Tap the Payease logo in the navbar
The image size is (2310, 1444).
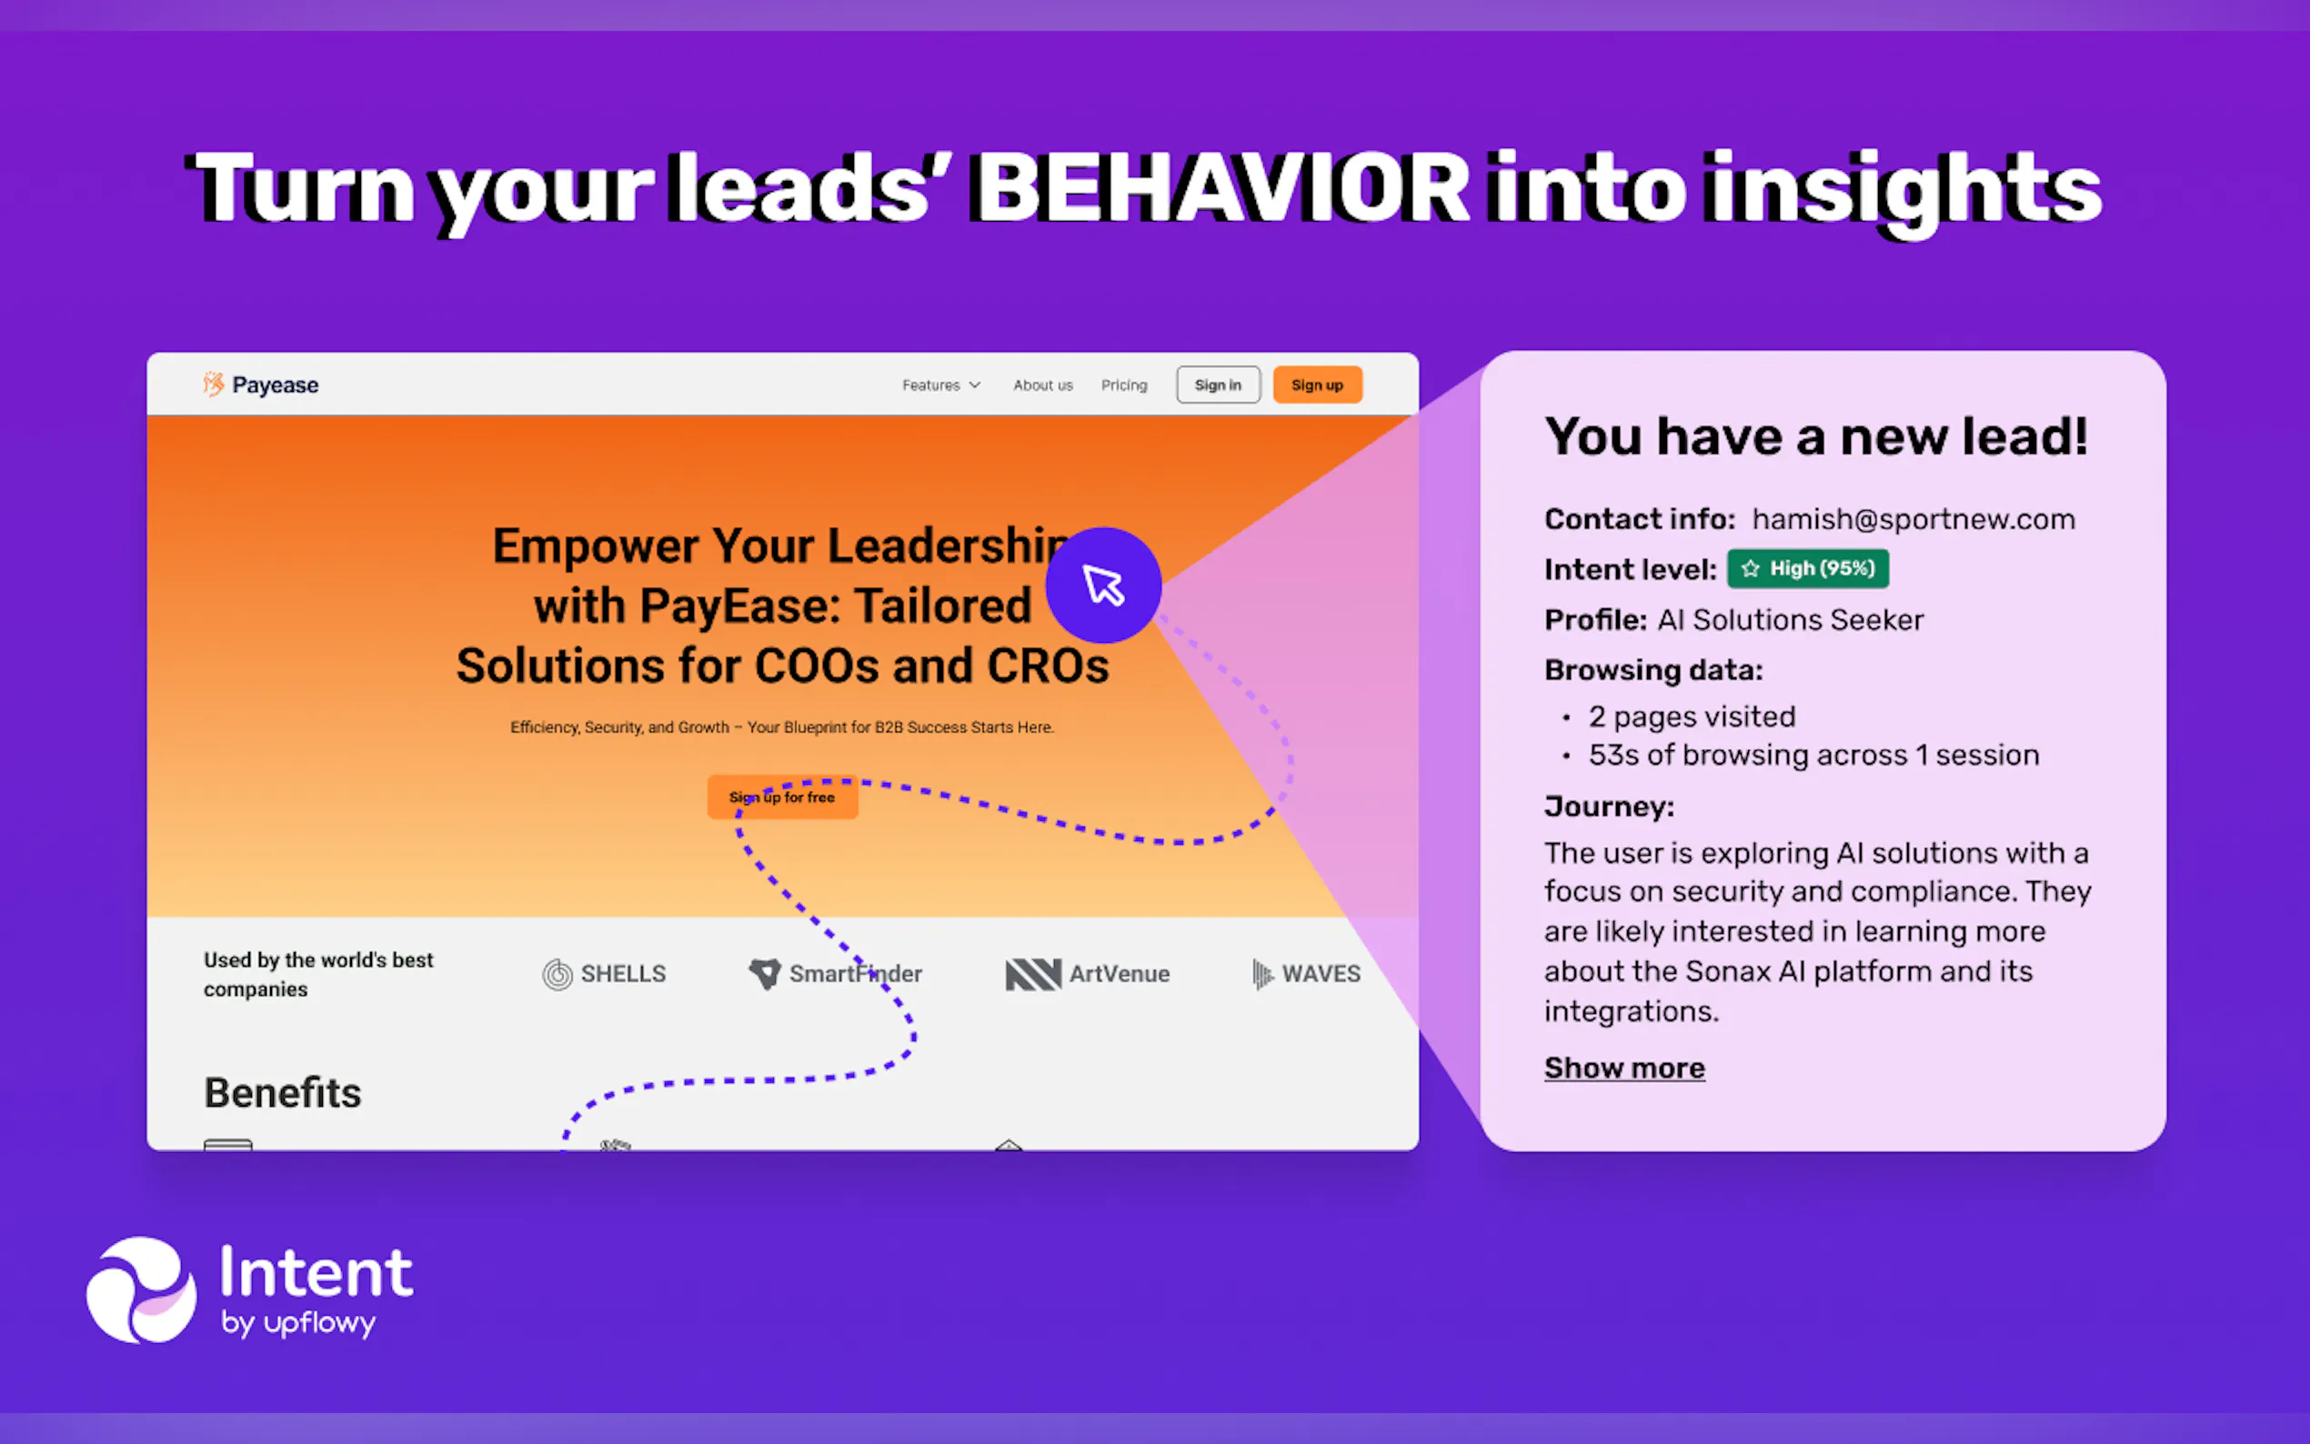pyautogui.click(x=261, y=385)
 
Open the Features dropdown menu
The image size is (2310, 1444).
pyautogui.click(x=941, y=385)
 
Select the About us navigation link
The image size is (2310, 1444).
pyautogui.click(x=1043, y=385)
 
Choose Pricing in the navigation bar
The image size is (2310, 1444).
pyautogui.click(x=1124, y=385)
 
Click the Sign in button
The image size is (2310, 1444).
pyautogui.click(x=1218, y=385)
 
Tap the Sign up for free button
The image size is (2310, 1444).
pyautogui.click(x=782, y=797)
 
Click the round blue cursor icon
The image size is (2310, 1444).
pyautogui.click(x=1103, y=586)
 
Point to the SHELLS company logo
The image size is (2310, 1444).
pyautogui.click(x=605, y=974)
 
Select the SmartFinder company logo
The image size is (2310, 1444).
pyautogui.click(x=835, y=974)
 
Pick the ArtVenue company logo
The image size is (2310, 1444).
pyautogui.click(x=1088, y=974)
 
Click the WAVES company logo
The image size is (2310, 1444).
pyautogui.click(x=1305, y=974)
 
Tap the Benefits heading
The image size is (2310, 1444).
pyautogui.click(x=283, y=1093)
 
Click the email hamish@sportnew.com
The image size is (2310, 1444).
pyautogui.click(x=1913, y=518)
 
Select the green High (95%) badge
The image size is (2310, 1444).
pyautogui.click(x=1808, y=568)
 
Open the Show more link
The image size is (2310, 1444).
pyautogui.click(x=1624, y=1068)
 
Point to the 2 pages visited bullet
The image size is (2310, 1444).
pyautogui.click(x=1692, y=717)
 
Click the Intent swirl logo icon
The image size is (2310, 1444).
pyautogui.click(x=141, y=1290)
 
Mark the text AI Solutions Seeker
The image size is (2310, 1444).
pyautogui.click(x=1791, y=620)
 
